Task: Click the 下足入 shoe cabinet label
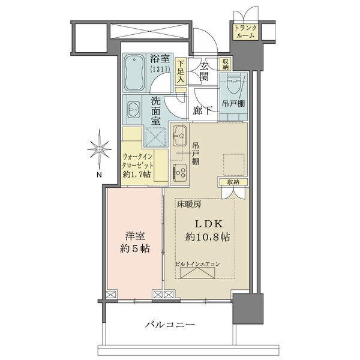[x=181, y=70]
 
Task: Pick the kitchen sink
[x=181, y=139]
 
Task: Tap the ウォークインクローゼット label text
[x=139, y=159]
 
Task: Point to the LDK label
[x=208, y=223]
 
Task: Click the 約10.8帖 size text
[x=208, y=237]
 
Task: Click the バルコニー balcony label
[x=170, y=325]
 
